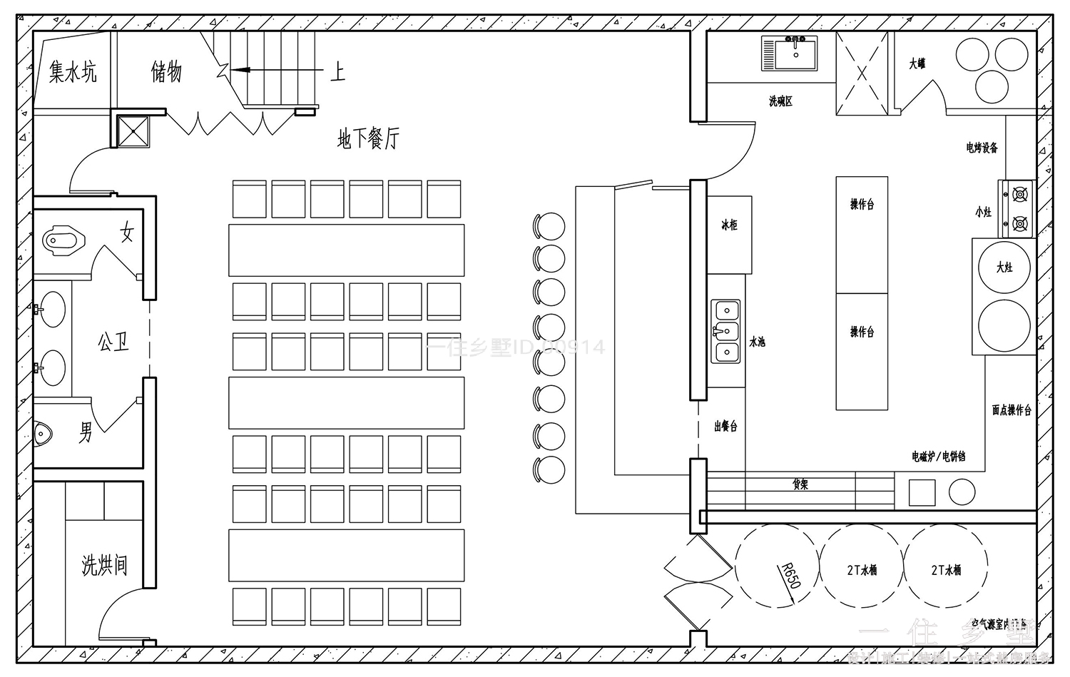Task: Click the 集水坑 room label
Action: [x=73, y=72]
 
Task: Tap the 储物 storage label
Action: [x=166, y=71]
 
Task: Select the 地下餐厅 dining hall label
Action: [x=368, y=138]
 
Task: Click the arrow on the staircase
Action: [x=243, y=70]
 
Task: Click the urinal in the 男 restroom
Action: [x=44, y=432]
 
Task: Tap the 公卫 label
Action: [x=114, y=343]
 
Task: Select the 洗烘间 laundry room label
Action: [x=104, y=565]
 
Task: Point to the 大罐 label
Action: [x=917, y=63]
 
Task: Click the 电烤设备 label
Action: [x=982, y=148]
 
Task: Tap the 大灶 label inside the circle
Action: [x=1004, y=267]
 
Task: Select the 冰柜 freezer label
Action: [x=729, y=225]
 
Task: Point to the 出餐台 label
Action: [x=725, y=427]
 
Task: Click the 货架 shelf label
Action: [x=800, y=484]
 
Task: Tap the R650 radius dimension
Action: [x=790, y=575]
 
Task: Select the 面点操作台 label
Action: [x=1012, y=410]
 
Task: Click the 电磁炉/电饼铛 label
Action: [x=938, y=456]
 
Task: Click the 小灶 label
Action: [x=983, y=212]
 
